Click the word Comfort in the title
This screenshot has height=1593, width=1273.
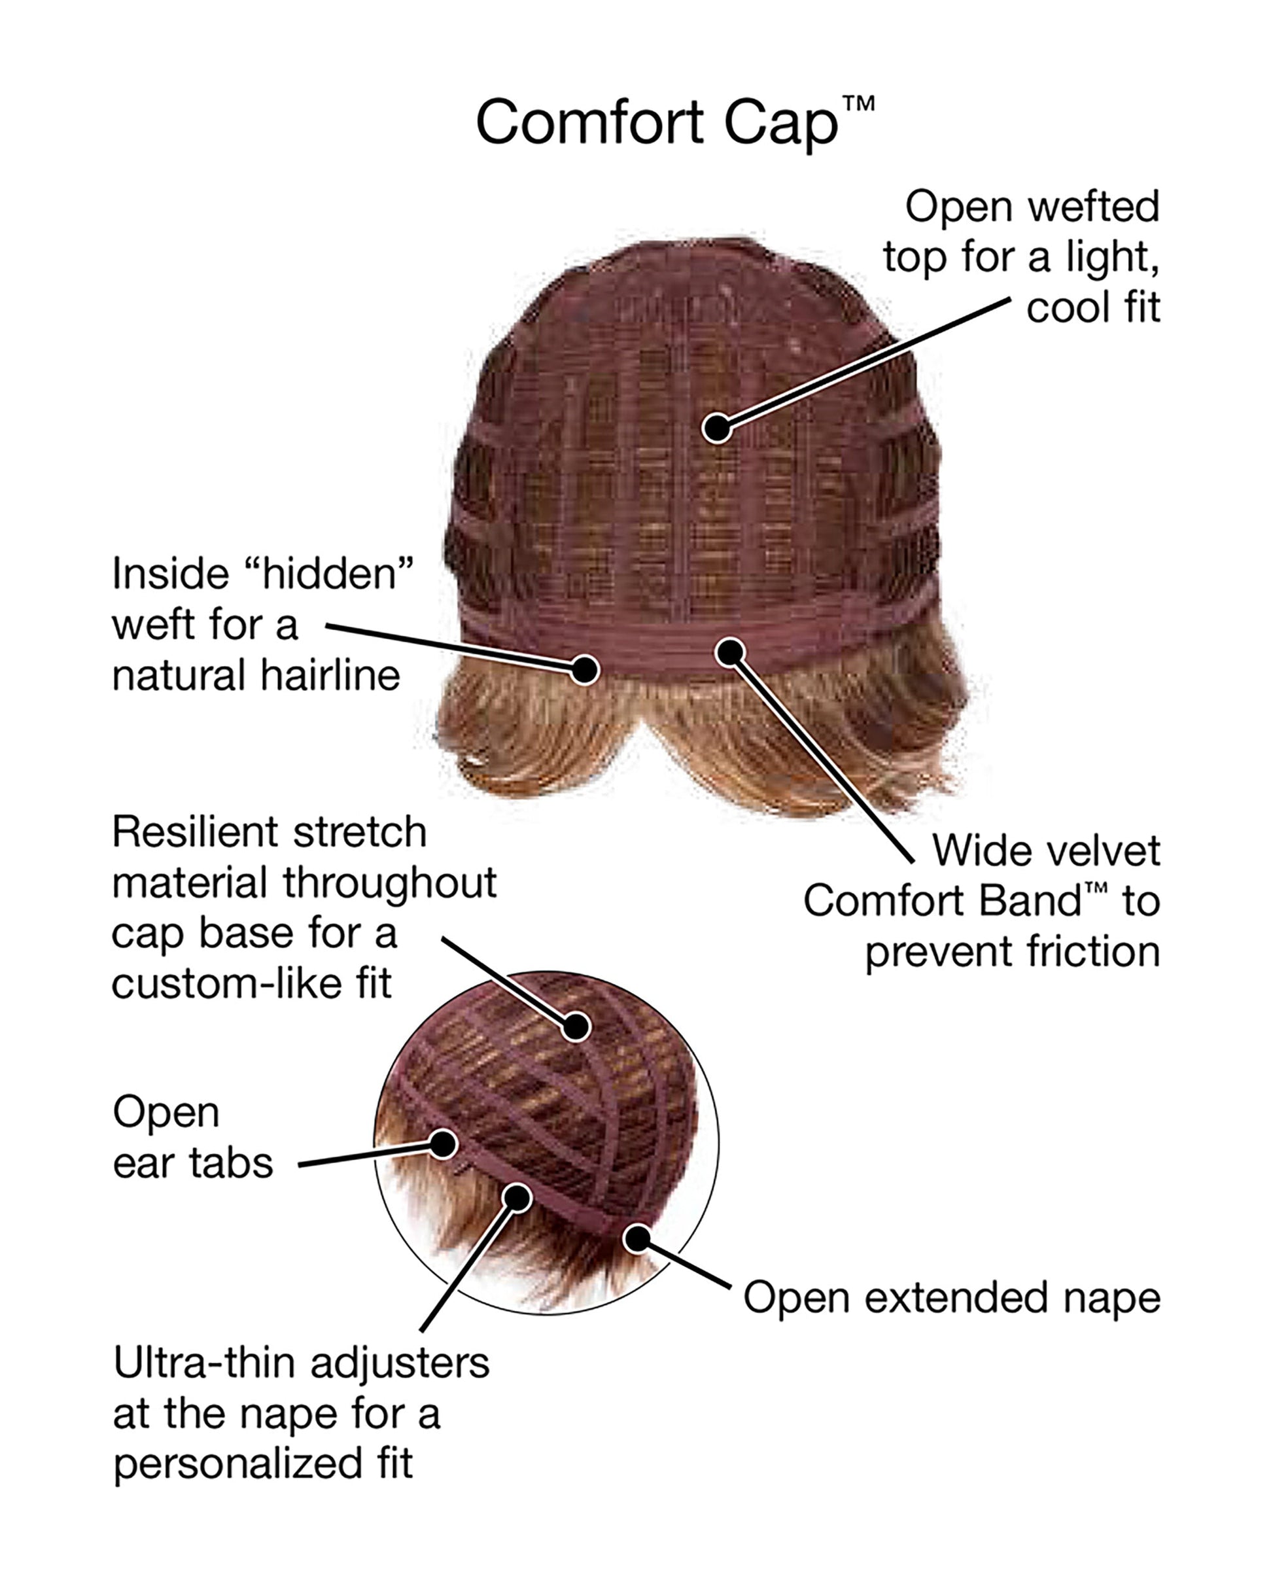(589, 122)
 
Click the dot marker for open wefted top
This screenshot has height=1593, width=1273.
(717, 427)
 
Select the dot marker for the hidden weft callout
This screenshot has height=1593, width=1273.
(584, 669)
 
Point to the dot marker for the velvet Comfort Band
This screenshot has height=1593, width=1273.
(730, 652)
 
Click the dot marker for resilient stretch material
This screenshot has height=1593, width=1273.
(576, 1026)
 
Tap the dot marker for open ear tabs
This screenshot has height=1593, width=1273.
(444, 1144)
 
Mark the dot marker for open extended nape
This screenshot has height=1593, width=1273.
(638, 1239)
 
